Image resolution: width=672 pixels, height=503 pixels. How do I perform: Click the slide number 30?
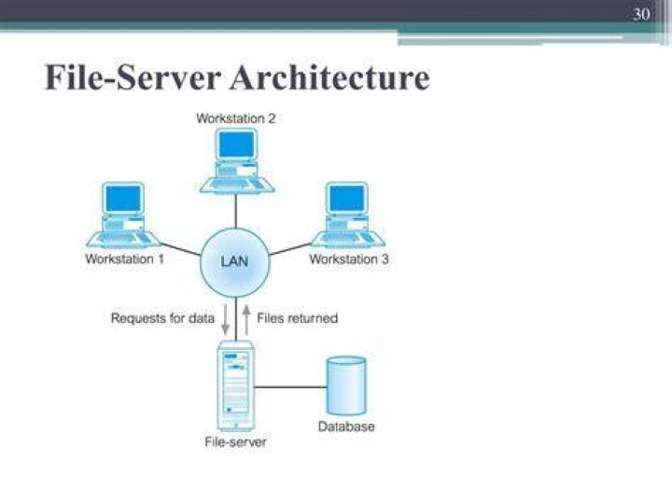coord(641,15)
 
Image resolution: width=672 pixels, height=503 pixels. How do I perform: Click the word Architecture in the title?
coord(329,77)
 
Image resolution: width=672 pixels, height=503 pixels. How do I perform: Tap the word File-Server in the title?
coord(133,77)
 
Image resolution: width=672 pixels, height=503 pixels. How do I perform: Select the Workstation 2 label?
coord(236,119)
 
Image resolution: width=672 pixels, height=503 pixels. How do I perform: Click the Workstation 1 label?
coord(125,258)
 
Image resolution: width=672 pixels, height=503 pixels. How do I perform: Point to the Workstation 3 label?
coord(349,258)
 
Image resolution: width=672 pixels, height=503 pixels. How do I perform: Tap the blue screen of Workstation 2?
coord(236,145)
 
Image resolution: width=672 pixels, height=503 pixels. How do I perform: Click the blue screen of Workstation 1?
coord(123,199)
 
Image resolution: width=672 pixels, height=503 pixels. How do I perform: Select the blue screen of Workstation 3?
coord(347,199)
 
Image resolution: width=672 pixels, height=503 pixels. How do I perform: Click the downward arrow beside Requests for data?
coord(225,319)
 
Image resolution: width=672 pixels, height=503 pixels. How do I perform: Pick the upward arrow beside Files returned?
coord(246,319)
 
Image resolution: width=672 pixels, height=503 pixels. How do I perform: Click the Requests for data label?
coord(162,318)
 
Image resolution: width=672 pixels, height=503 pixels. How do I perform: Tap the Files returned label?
coord(298,318)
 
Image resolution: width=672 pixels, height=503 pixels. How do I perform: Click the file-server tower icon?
coord(235,385)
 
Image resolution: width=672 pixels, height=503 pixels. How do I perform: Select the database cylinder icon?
coord(346,385)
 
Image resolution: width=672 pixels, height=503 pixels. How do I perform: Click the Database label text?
coord(346,426)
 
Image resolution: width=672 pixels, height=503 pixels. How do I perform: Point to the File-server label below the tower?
coord(235,441)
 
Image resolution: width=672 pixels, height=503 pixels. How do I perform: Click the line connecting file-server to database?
coord(290,387)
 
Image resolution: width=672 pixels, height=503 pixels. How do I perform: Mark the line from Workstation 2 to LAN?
coord(236,210)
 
